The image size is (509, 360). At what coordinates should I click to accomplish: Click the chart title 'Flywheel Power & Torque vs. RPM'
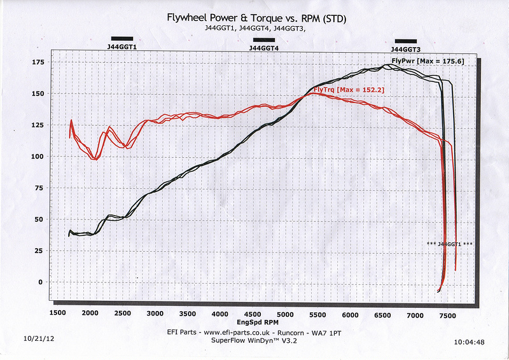(x=256, y=19)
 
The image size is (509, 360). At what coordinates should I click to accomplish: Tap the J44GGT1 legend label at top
(x=122, y=46)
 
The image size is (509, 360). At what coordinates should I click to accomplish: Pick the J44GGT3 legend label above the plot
(x=405, y=48)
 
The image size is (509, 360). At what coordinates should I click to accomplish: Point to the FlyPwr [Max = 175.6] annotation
(x=428, y=61)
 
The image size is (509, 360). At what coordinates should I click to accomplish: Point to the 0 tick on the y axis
(x=42, y=282)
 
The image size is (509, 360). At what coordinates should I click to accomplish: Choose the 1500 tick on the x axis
(x=57, y=314)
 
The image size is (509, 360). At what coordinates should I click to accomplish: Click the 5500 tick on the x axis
(x=317, y=314)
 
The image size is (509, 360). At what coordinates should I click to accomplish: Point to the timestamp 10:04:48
(x=470, y=342)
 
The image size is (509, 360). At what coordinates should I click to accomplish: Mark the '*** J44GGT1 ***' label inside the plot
(x=450, y=244)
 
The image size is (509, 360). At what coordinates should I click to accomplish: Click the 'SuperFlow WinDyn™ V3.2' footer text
(x=254, y=340)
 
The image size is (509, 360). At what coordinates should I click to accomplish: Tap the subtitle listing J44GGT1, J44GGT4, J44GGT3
(x=254, y=29)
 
